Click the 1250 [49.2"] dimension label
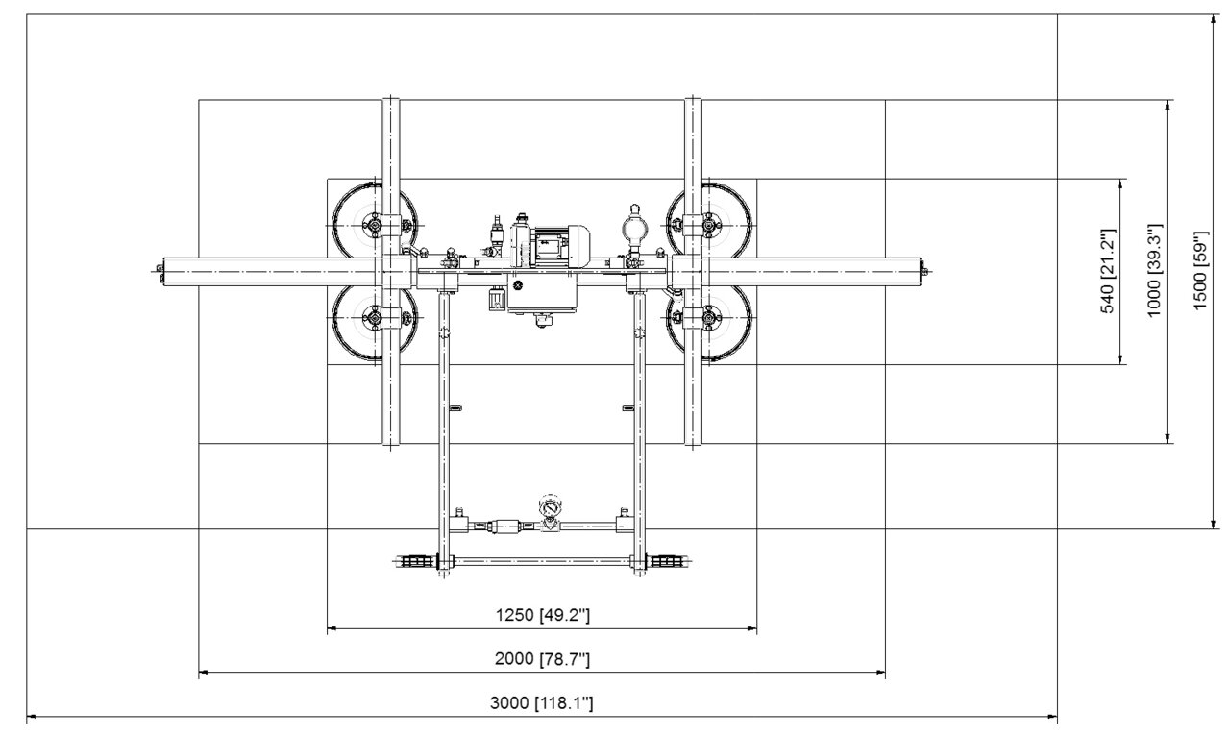pos(543,615)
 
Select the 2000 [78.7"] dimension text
pos(543,658)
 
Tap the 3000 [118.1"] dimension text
pos(541,703)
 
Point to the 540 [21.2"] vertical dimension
pos(1109,271)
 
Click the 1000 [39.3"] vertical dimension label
pos(1155,270)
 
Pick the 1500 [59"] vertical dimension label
pos(1201,270)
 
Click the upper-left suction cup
pos(375,224)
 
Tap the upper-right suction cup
pos(709,224)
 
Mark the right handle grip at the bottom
pos(667,561)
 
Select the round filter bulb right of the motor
pos(634,227)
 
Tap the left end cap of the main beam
pos(160,271)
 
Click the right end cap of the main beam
pos(922,271)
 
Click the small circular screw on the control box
pos(517,284)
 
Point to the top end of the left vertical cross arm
pos(390,99)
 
